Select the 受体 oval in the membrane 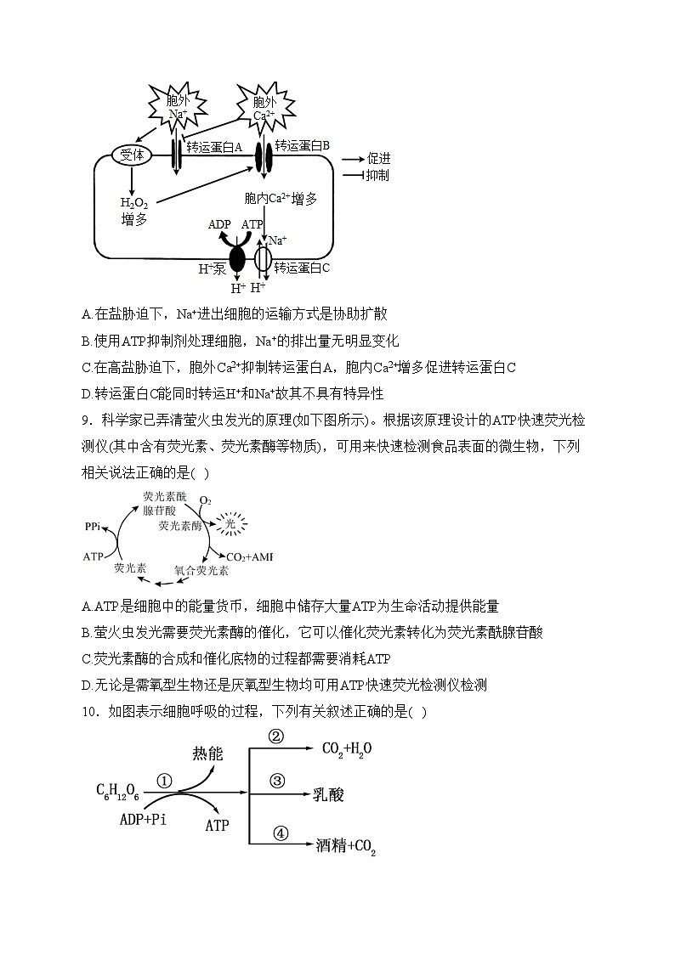point(133,155)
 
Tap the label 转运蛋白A point(215,147)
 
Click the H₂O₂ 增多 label point(134,211)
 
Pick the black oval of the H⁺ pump point(237,257)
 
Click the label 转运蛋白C point(302,267)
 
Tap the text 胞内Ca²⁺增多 point(280,199)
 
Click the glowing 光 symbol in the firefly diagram point(229,525)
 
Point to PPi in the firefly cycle point(94,527)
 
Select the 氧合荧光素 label point(201,570)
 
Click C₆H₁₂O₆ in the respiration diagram point(117,793)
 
